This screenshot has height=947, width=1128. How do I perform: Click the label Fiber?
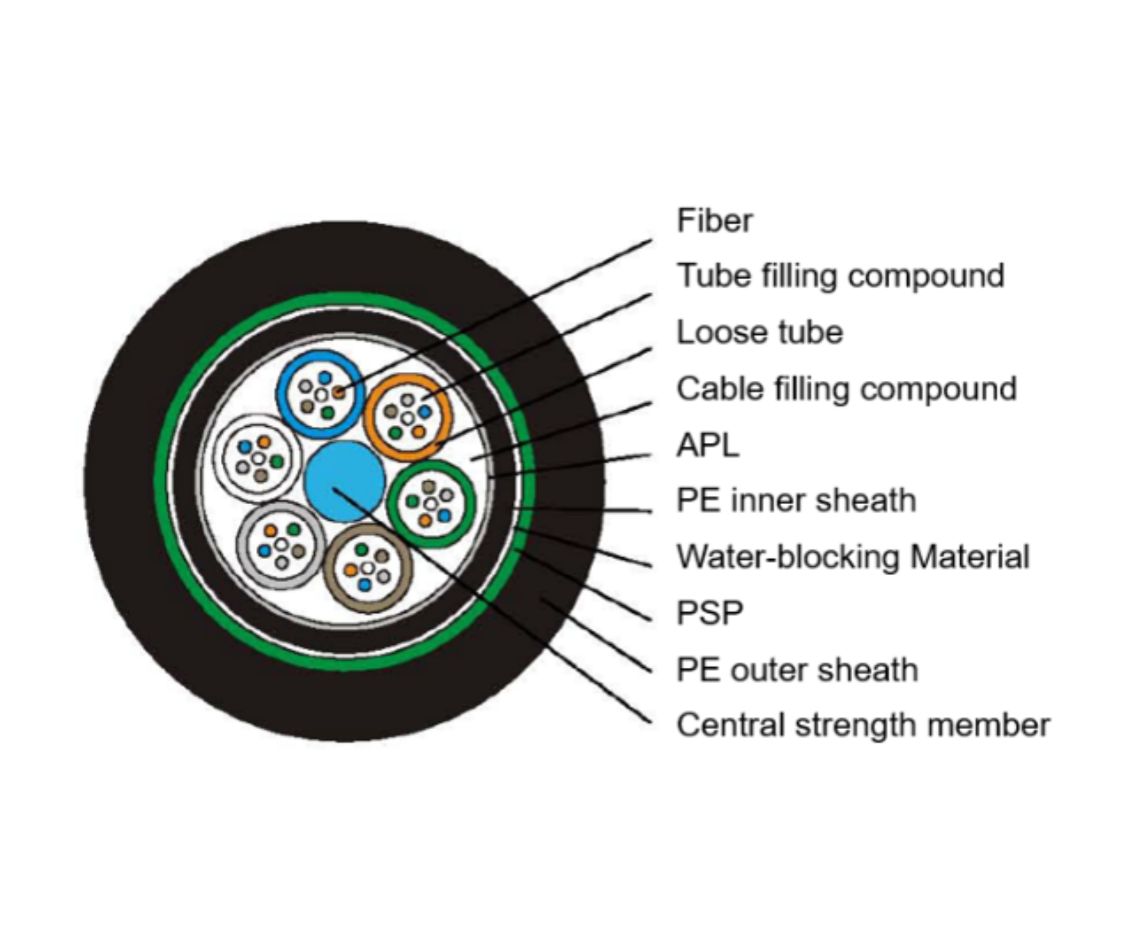pos(714,221)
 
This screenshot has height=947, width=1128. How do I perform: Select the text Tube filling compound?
pos(840,276)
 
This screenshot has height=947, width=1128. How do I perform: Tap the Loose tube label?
pos(760,332)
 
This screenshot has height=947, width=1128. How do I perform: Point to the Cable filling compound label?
pos(846,389)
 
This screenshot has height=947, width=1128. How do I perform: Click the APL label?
pos(707,445)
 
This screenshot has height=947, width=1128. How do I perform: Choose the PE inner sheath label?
pos(796,501)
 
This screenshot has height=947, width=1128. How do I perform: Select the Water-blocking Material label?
pos(853,557)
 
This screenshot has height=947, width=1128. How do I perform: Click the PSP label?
pos(710,613)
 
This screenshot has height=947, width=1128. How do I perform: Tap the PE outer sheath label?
pos(797,670)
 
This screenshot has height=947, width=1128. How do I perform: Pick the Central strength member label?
pos(863,725)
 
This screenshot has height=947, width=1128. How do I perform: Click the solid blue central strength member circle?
pos(345,481)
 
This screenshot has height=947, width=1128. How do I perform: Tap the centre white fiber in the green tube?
pos(431,503)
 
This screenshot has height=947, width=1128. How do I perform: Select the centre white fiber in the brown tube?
pos(368,568)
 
